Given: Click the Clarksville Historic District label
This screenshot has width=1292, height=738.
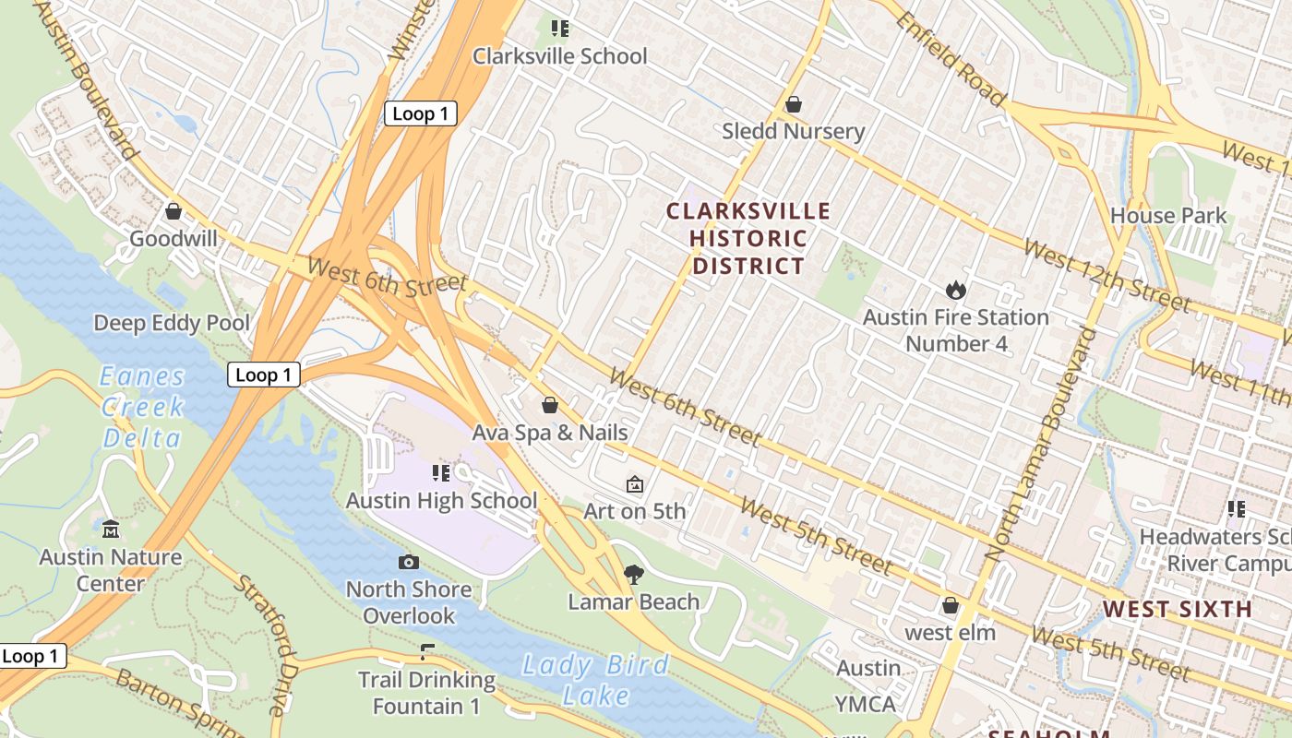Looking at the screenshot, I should tap(748, 239).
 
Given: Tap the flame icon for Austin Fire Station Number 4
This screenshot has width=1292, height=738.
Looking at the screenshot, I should tap(955, 291).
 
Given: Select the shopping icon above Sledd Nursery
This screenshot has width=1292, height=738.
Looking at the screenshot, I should tap(793, 105).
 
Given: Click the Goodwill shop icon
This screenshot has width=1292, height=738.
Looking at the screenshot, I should tap(173, 212).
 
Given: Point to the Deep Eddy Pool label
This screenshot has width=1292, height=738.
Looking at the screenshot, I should tap(172, 323).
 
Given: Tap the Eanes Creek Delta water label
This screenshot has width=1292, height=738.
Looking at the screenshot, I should tap(142, 407).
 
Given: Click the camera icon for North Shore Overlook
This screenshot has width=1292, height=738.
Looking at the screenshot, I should tap(408, 562).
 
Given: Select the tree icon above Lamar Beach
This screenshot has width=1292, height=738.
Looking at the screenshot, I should tap(633, 576).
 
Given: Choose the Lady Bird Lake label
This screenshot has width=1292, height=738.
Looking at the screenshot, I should tap(595, 679).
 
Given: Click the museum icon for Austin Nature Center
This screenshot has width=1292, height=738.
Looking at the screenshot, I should tap(111, 530).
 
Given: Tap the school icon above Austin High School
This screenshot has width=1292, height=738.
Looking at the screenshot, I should tap(441, 473).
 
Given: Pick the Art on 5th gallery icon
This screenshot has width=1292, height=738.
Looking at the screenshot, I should tap(635, 484).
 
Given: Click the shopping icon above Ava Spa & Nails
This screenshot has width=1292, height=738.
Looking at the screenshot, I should tap(550, 406).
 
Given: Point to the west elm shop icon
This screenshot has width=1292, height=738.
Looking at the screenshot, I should tap(950, 606).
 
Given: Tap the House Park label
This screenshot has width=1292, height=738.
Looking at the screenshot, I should tap(1168, 216).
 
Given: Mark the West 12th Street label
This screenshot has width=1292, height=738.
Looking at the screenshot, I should tap(1106, 275).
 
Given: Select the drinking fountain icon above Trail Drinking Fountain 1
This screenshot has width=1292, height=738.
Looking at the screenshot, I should tap(426, 652).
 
